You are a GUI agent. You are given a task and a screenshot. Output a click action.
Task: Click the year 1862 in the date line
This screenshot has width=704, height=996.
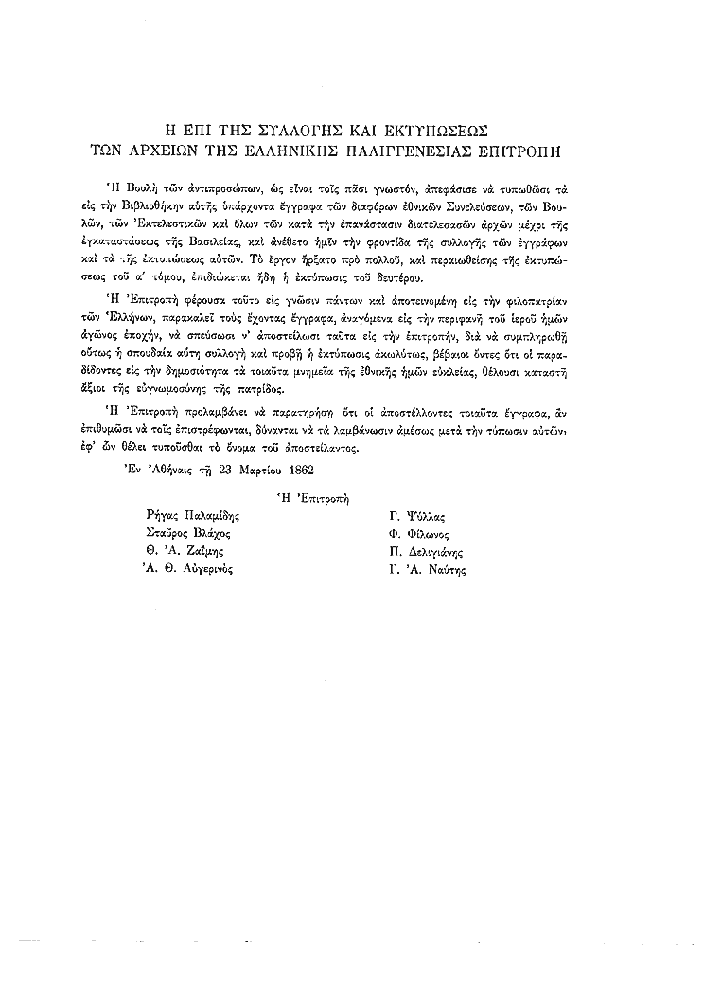[x=296, y=468]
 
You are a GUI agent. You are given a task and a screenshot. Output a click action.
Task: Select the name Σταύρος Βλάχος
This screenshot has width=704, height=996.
[x=183, y=533]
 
